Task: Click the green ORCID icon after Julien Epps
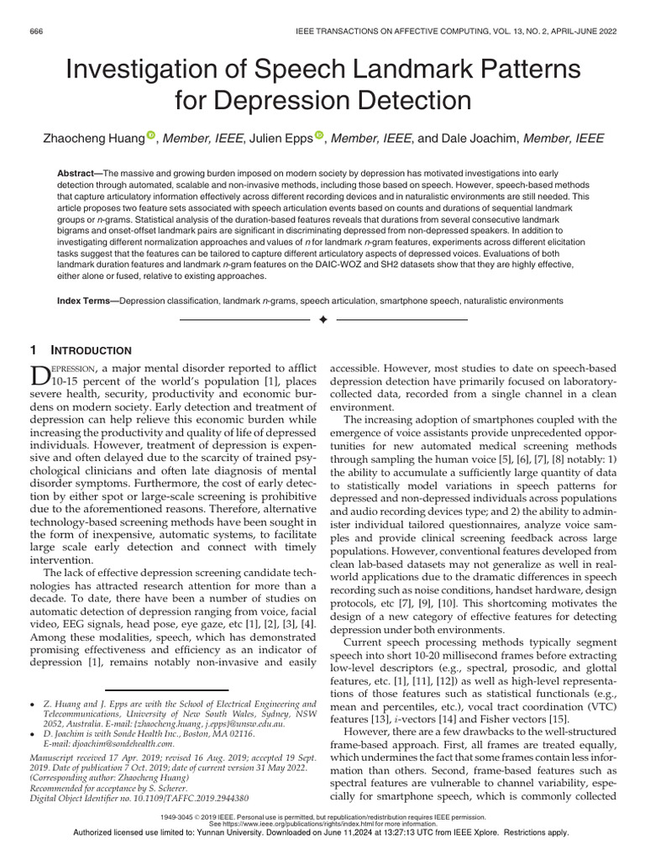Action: click(320, 136)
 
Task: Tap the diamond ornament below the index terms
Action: click(322, 322)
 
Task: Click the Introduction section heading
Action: click(98, 350)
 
